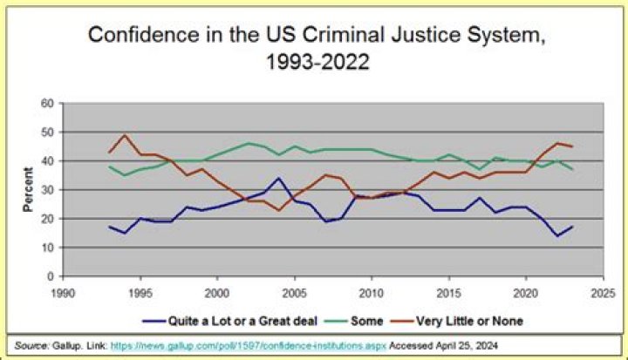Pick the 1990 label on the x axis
coord(61,292)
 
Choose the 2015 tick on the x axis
coord(448,292)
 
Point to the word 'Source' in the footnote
coord(24,344)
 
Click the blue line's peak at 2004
coord(278,179)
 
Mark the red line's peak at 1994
coord(124,135)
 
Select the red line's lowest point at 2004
coord(278,210)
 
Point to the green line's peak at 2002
coord(248,143)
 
